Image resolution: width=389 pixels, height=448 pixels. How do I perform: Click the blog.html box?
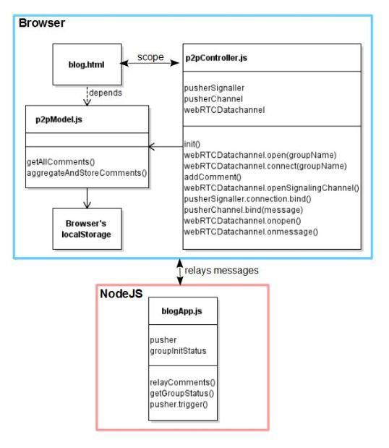[x=87, y=64]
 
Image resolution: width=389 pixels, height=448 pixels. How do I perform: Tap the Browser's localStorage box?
[x=87, y=229]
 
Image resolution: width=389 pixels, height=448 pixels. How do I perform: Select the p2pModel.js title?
[x=59, y=119]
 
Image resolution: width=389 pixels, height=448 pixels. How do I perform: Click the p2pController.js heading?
[x=216, y=58]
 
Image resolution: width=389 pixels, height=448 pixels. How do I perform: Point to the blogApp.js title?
[x=181, y=311]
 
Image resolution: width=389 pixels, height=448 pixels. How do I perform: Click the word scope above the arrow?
[x=150, y=57]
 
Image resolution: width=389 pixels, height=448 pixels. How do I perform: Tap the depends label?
[x=106, y=93]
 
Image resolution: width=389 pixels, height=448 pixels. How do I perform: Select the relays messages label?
[x=221, y=270]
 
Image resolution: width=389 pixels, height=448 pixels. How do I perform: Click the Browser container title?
[x=42, y=23]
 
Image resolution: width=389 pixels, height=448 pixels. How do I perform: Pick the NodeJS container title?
[x=121, y=294]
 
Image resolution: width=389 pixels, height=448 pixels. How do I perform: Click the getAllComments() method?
[x=61, y=161]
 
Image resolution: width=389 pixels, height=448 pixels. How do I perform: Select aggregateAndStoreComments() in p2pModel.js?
[x=87, y=173]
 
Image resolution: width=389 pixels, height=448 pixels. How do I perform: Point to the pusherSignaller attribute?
[x=214, y=88]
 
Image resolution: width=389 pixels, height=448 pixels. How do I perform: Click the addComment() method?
[x=213, y=177]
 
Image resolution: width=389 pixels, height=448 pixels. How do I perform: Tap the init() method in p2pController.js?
[x=192, y=144]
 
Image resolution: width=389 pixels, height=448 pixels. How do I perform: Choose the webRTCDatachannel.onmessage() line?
[x=251, y=232]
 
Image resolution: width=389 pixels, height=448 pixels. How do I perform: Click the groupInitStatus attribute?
[x=178, y=351]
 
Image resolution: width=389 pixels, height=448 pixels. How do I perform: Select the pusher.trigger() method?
[x=179, y=405]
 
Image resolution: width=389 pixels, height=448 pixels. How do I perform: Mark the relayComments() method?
[x=183, y=382]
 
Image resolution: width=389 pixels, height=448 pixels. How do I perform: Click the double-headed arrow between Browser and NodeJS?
[x=180, y=271]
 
